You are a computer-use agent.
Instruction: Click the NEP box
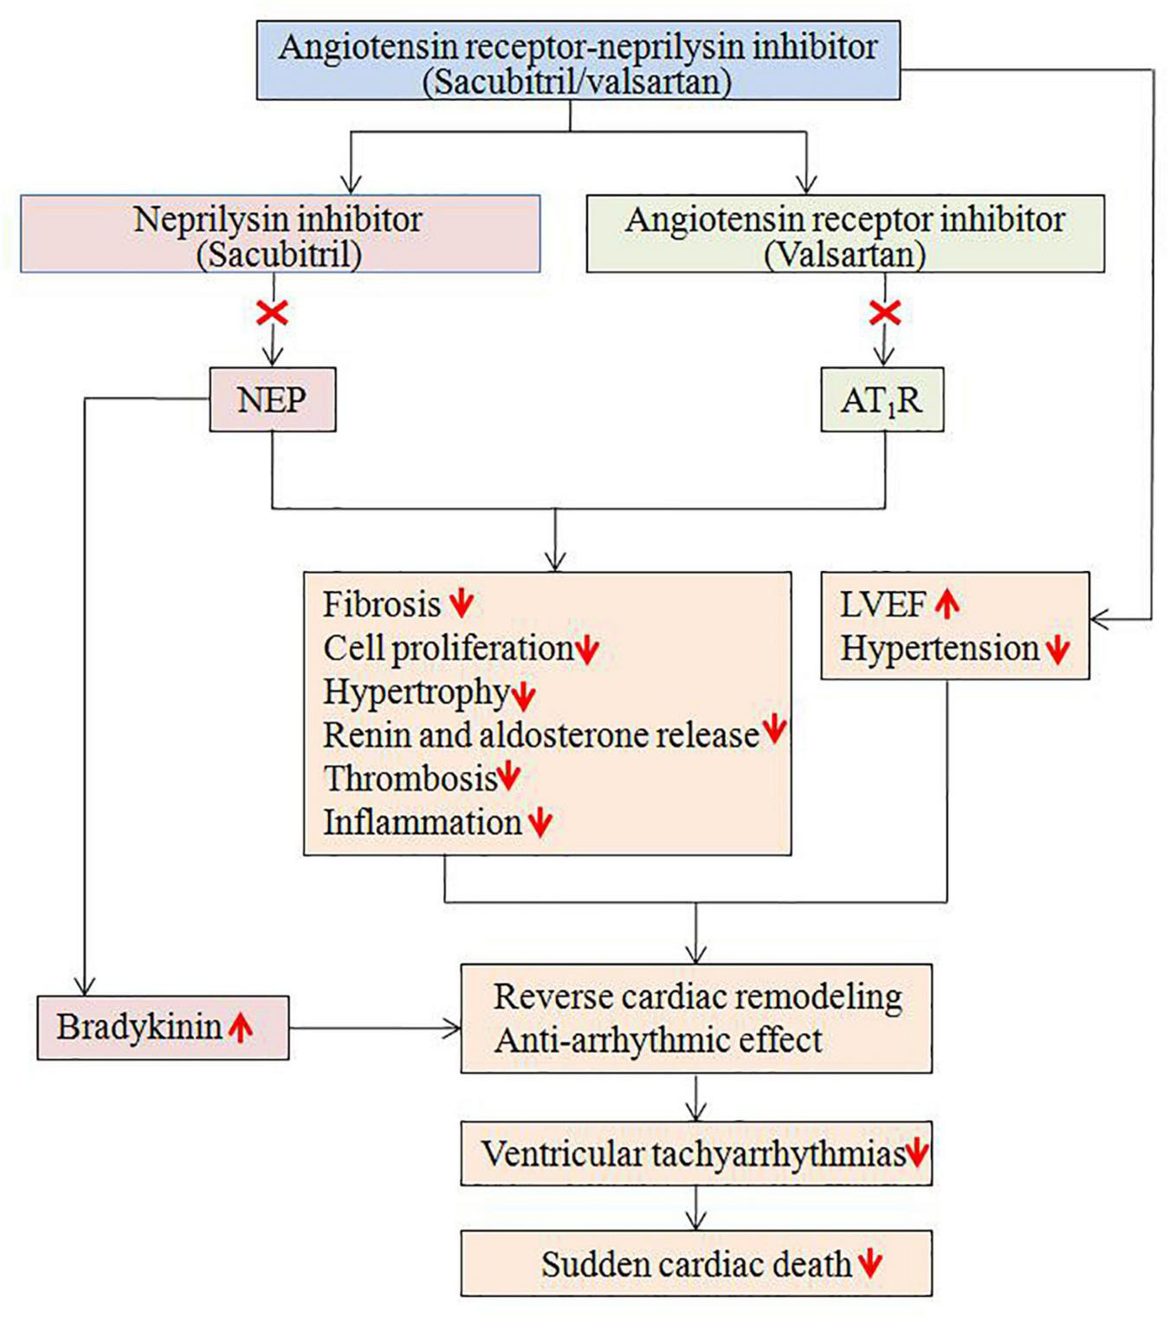pyautogui.click(x=272, y=400)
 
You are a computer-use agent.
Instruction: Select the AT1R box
pyautogui.click(x=882, y=400)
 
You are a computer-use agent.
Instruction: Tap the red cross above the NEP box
pyautogui.click(x=273, y=312)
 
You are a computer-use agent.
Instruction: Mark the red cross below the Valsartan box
pyautogui.click(x=884, y=312)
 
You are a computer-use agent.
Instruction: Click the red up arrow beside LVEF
pyautogui.click(x=947, y=604)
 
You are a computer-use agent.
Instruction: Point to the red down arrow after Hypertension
pyautogui.click(x=1057, y=650)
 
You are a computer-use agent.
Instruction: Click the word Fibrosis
pyautogui.click(x=382, y=604)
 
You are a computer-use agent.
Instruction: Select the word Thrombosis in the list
pyautogui.click(x=410, y=778)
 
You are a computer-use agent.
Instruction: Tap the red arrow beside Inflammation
pyautogui.click(x=540, y=822)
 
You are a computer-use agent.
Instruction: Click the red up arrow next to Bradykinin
pyautogui.click(x=241, y=1028)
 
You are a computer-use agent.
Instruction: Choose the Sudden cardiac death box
pyautogui.click(x=695, y=1264)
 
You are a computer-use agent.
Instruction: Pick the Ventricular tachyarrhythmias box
pyautogui.click(x=695, y=1154)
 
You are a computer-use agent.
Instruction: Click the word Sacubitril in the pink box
pyautogui.click(x=278, y=255)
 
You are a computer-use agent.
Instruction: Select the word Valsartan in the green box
pyautogui.click(x=844, y=255)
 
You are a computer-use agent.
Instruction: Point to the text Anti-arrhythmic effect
pyautogui.click(x=658, y=1040)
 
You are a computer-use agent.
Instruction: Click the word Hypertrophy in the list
pyautogui.click(x=416, y=691)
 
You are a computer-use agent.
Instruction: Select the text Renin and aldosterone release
pyautogui.click(x=540, y=735)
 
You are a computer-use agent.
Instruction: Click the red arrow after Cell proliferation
pyautogui.click(x=587, y=650)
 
